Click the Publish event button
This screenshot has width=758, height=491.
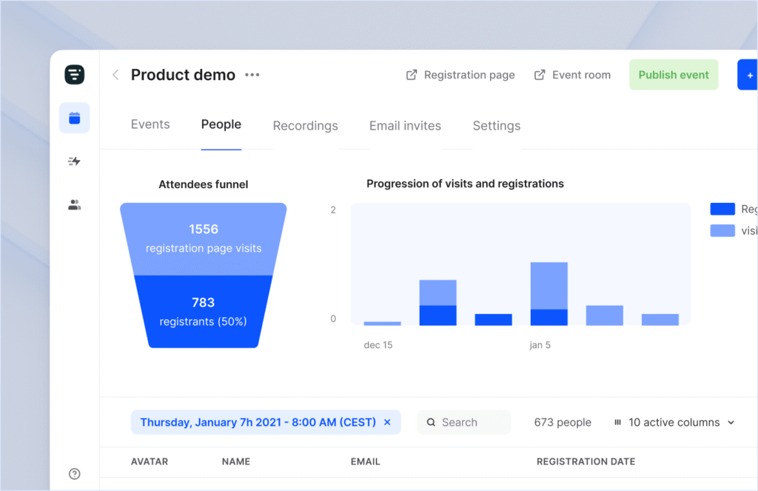coord(674,75)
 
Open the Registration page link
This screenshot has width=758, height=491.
coord(460,75)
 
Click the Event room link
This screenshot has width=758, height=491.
coord(573,75)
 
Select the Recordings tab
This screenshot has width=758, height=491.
coord(305,126)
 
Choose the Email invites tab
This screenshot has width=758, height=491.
coord(405,126)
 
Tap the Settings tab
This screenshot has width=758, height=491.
coord(496,126)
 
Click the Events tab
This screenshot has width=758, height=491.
coord(150,124)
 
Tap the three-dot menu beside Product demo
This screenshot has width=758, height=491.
coord(252,75)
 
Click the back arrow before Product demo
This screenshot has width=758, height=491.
coord(115,75)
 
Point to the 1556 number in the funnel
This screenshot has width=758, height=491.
coord(204,230)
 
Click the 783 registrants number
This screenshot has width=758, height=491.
coord(203,302)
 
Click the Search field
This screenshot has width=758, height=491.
coord(464,422)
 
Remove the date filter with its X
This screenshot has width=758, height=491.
coord(387,422)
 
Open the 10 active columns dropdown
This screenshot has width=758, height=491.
coord(674,422)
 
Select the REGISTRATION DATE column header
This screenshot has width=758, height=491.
coord(586,461)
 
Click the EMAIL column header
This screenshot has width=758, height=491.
coord(365,461)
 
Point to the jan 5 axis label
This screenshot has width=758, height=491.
coord(540,345)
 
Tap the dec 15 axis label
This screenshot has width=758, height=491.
coord(378,345)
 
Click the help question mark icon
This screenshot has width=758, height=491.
coord(74,474)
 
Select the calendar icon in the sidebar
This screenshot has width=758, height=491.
coord(74,118)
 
